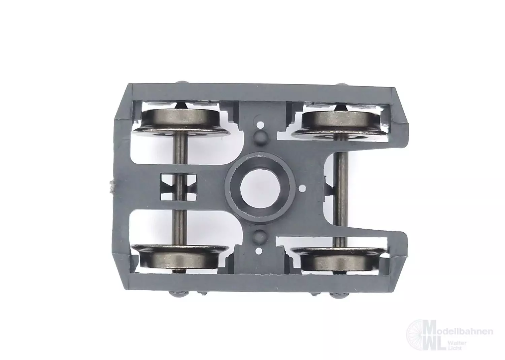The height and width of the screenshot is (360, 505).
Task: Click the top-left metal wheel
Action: [180, 123]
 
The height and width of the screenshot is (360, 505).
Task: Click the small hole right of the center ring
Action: [303, 188]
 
